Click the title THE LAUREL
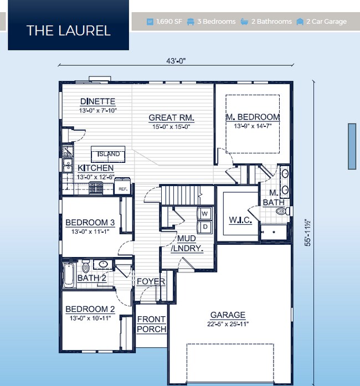[x=69, y=31]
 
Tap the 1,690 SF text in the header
[x=169, y=22]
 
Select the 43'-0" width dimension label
[x=176, y=61]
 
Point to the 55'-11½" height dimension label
[x=307, y=233]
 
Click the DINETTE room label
[x=98, y=101]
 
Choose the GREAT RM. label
[x=171, y=117]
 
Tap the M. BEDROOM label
[x=253, y=117]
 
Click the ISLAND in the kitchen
[x=108, y=154]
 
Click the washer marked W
[x=204, y=213]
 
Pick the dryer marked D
[x=204, y=227]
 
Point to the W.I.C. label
[x=240, y=220]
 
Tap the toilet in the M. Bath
[x=282, y=211]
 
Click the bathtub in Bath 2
[x=69, y=275]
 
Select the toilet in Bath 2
[x=85, y=267]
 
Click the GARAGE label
[x=228, y=315]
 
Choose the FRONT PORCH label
[x=151, y=324]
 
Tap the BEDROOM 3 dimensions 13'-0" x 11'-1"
[x=90, y=231]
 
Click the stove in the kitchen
[x=96, y=188]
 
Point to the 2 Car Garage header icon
[x=300, y=22]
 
